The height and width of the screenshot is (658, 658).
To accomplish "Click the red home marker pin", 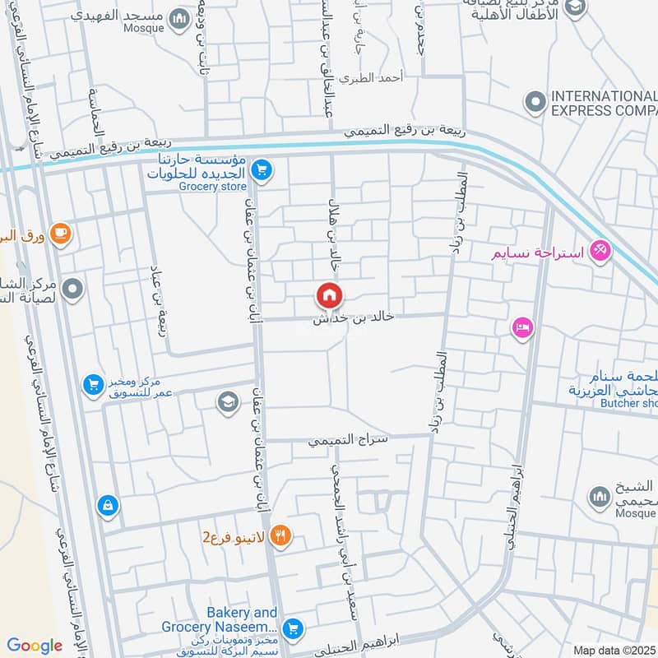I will [x=329, y=294].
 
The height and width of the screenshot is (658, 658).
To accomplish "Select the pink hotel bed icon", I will [x=521, y=328].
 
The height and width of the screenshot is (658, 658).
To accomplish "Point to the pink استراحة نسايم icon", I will [x=600, y=251].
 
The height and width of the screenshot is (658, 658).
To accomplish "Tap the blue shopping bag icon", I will [x=107, y=505].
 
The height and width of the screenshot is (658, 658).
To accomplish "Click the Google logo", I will [x=35, y=646].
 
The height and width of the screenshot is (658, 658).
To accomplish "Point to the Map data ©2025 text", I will [x=613, y=651].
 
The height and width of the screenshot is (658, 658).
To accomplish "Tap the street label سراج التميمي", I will [x=359, y=441].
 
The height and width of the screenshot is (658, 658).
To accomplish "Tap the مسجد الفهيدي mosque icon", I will [x=178, y=18].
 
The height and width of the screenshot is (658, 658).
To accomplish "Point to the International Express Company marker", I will [x=535, y=102].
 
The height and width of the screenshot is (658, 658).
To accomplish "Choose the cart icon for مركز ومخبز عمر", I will [x=93, y=384].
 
